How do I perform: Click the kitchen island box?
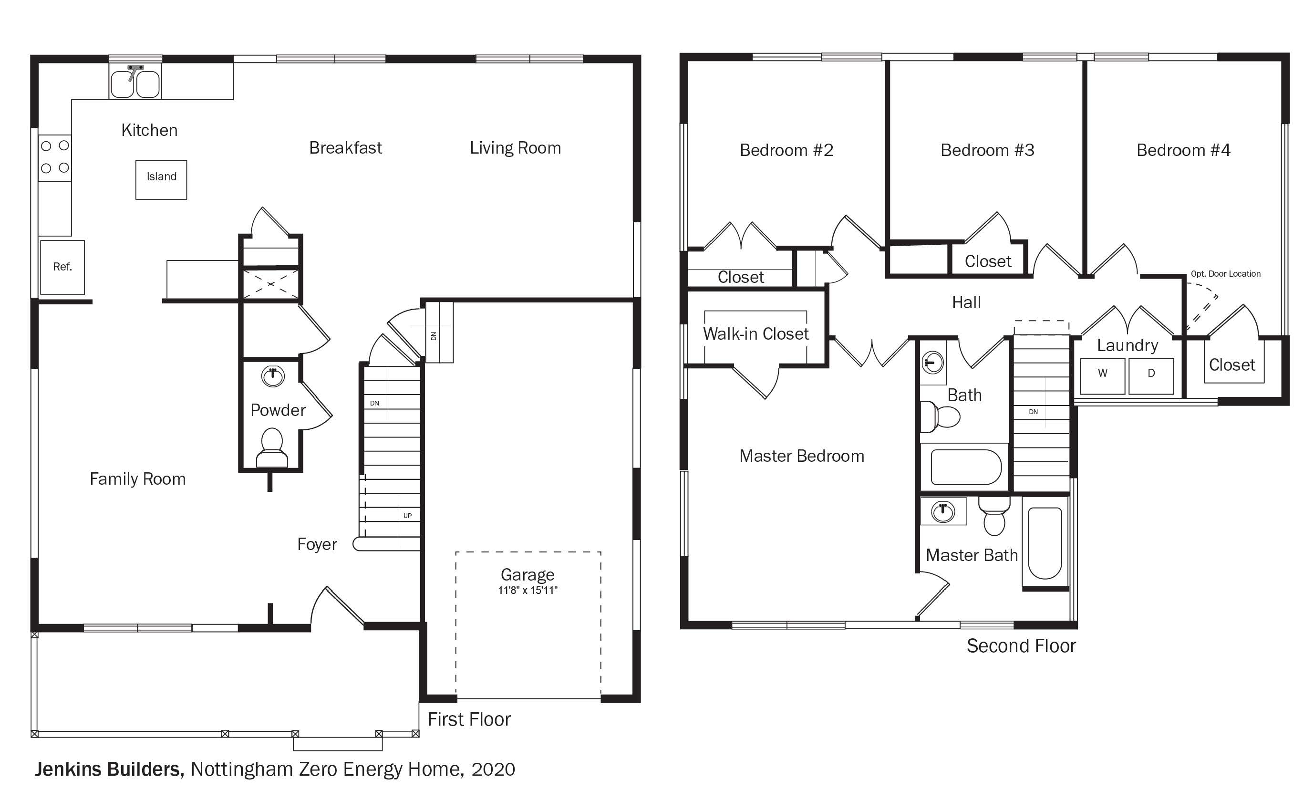point(161,180)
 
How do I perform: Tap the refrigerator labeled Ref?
point(62,267)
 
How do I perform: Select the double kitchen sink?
point(135,81)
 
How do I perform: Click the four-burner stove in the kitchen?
point(55,158)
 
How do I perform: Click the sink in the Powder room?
point(272,376)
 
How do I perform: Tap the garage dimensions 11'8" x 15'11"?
point(528,591)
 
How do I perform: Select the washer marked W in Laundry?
point(1102,376)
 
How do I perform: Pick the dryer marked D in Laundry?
point(1151,376)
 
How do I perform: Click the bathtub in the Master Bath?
point(1045,542)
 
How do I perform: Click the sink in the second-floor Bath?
point(933,363)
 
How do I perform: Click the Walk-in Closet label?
point(755,334)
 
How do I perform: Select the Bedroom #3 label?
point(987,150)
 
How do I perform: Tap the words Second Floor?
point(1021,646)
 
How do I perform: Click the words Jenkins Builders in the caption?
point(109,769)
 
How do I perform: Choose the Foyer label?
point(317,544)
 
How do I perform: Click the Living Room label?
point(515,148)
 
